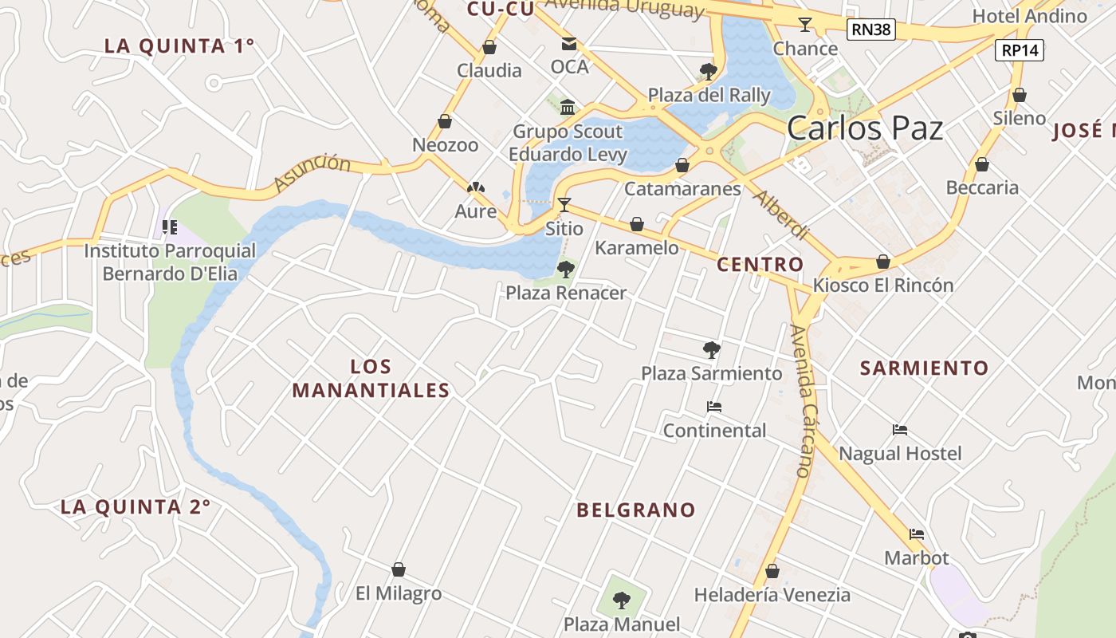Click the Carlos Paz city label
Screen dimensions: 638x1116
865,128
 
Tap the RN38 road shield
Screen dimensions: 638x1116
870,30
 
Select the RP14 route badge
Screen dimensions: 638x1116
1020,50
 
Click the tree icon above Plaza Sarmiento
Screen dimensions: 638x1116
712,349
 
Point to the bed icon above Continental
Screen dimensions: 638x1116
714,407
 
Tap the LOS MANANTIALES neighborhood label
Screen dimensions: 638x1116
371,378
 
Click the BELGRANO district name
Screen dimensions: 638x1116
636,510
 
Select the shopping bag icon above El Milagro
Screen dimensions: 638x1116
399,569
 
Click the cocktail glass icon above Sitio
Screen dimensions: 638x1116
564,205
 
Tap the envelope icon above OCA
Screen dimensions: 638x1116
569,44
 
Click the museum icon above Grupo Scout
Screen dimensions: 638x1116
568,107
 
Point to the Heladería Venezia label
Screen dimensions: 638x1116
772,595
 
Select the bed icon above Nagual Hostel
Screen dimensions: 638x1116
900,430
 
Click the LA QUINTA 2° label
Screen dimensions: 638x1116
136,507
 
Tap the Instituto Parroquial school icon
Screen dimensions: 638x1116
170,227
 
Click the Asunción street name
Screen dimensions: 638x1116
312,173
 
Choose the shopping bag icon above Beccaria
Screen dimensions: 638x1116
982,164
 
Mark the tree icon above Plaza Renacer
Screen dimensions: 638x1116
566,270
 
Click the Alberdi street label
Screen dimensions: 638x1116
781,215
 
